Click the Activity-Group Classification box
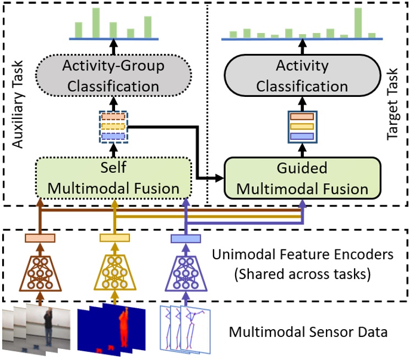113,77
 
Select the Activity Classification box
302,77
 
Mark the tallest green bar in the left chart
96,23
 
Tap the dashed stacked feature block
113,126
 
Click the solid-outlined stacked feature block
302,126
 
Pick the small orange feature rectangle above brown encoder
40,238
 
